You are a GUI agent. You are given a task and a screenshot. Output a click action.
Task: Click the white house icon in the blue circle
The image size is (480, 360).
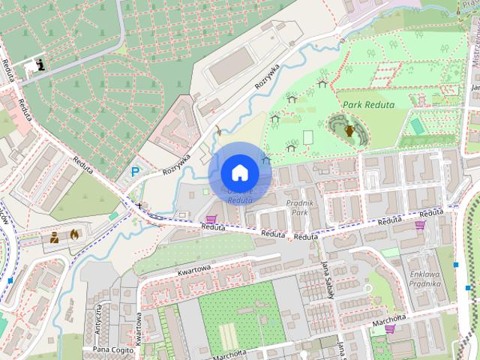point(239,173)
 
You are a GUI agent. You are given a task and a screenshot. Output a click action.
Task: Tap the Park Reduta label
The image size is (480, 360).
point(369,105)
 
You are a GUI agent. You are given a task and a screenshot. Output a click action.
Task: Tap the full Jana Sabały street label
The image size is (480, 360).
point(327,280)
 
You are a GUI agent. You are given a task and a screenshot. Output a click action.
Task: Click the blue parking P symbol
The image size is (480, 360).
point(135,172)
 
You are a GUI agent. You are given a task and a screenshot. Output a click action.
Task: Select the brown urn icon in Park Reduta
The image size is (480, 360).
point(349,130)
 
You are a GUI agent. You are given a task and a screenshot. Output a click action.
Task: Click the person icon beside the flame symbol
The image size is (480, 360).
point(55,238)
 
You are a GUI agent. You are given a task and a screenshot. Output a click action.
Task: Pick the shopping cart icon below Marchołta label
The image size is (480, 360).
point(389,328)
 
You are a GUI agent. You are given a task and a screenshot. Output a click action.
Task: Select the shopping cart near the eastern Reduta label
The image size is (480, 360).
point(421,223)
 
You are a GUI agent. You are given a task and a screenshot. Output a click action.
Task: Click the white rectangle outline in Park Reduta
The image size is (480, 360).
point(307,138)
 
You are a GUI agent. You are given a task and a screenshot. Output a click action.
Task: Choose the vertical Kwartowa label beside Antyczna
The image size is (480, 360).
point(140,324)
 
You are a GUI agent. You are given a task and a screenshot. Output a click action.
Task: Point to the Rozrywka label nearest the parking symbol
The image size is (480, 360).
point(177,161)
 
